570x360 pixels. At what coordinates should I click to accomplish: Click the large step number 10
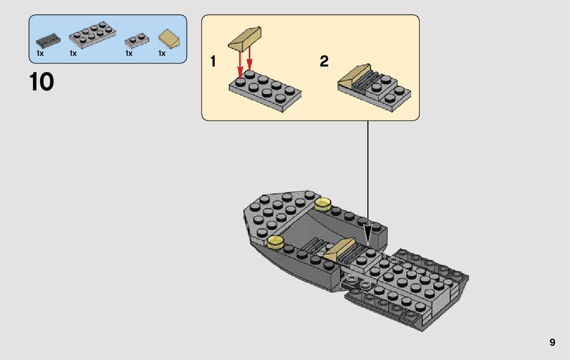coord(42,82)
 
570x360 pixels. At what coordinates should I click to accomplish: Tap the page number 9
coord(552,343)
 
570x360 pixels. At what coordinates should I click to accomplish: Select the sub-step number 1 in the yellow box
coord(213,62)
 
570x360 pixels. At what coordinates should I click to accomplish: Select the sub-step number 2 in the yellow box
coord(324,62)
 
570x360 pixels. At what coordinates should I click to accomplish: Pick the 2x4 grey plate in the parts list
coord(91,36)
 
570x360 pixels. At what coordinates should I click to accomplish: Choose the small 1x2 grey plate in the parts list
coord(136,40)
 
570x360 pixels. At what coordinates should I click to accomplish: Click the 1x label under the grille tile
coord(41,53)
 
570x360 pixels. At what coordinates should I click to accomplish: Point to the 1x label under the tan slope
coord(162,53)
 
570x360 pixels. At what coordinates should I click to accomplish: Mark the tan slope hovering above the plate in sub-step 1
coord(245,40)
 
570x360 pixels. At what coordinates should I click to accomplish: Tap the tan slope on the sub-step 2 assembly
coord(354,77)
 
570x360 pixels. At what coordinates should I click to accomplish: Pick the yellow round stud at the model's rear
coord(322,204)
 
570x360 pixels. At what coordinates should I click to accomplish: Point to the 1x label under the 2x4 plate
coord(73,53)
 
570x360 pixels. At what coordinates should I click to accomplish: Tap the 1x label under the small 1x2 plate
coord(129,53)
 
